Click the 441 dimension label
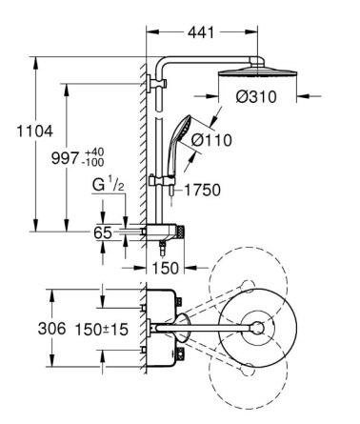201,32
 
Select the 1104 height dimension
34,131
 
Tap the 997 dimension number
65,158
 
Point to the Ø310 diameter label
256,96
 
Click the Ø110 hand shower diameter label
211,140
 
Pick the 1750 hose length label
202,191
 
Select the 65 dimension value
103,232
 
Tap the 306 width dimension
51,329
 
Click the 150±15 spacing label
102,330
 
